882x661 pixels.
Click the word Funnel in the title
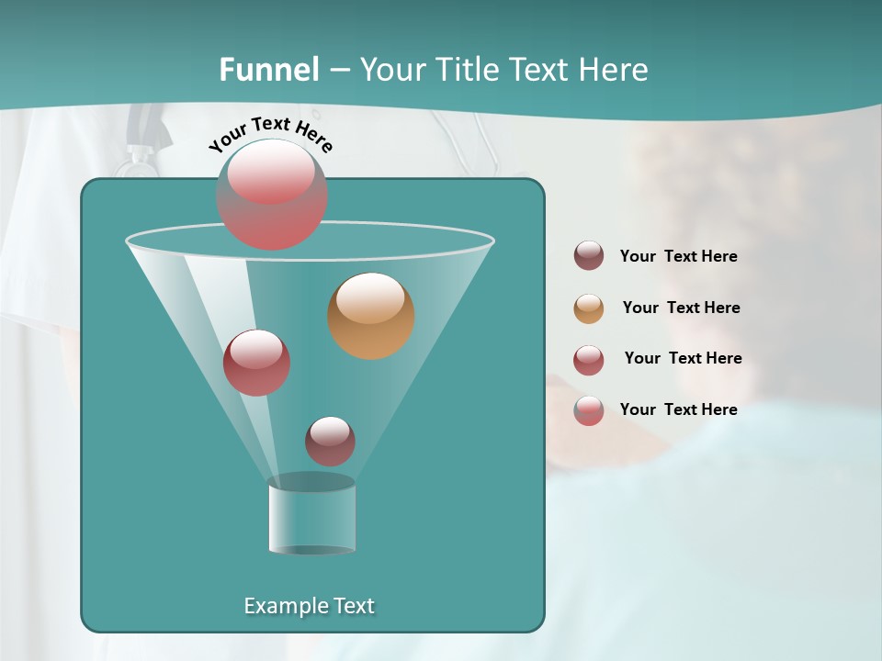click(x=269, y=70)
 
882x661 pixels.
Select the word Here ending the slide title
click(x=616, y=70)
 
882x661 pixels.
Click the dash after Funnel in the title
click(x=339, y=70)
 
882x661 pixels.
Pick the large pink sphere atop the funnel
click(x=272, y=194)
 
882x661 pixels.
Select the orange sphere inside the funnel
click(x=370, y=315)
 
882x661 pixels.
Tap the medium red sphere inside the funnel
click(x=256, y=362)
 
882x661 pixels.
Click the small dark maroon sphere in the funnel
click(x=330, y=441)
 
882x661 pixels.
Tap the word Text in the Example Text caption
click(x=352, y=606)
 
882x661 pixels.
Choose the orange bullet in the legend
click(x=589, y=308)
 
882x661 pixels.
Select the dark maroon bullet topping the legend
click(x=589, y=256)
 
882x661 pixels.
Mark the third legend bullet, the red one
click(x=589, y=360)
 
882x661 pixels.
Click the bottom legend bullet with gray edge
click(x=589, y=410)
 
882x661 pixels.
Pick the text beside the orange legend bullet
click(x=681, y=308)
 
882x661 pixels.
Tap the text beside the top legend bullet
click(x=678, y=256)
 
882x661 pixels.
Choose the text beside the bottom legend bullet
click(x=678, y=409)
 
